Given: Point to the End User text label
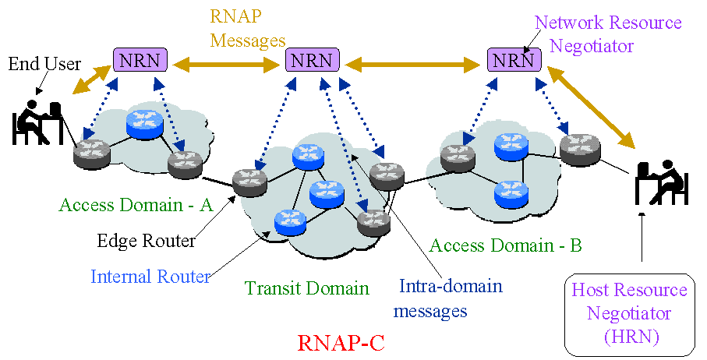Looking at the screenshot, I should (44, 63).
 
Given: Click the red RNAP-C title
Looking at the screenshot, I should (341, 342).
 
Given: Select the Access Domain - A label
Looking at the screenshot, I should (136, 205).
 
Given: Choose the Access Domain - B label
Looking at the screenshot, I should (506, 245).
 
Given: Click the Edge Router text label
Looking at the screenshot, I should (146, 241).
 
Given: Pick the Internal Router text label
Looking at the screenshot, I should (150, 276).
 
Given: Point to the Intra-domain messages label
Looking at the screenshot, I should (440, 298).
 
